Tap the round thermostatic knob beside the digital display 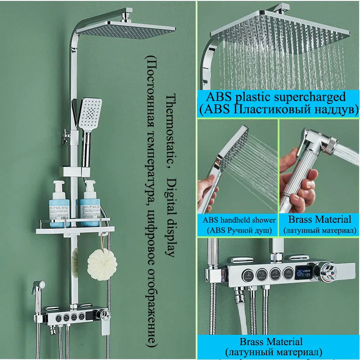pyautogui.click(x=327, y=273)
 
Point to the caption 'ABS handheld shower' pyautogui.click(x=239, y=220)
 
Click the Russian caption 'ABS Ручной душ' pyautogui.click(x=239, y=230)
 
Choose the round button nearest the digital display pyautogui.click(x=287, y=272)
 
